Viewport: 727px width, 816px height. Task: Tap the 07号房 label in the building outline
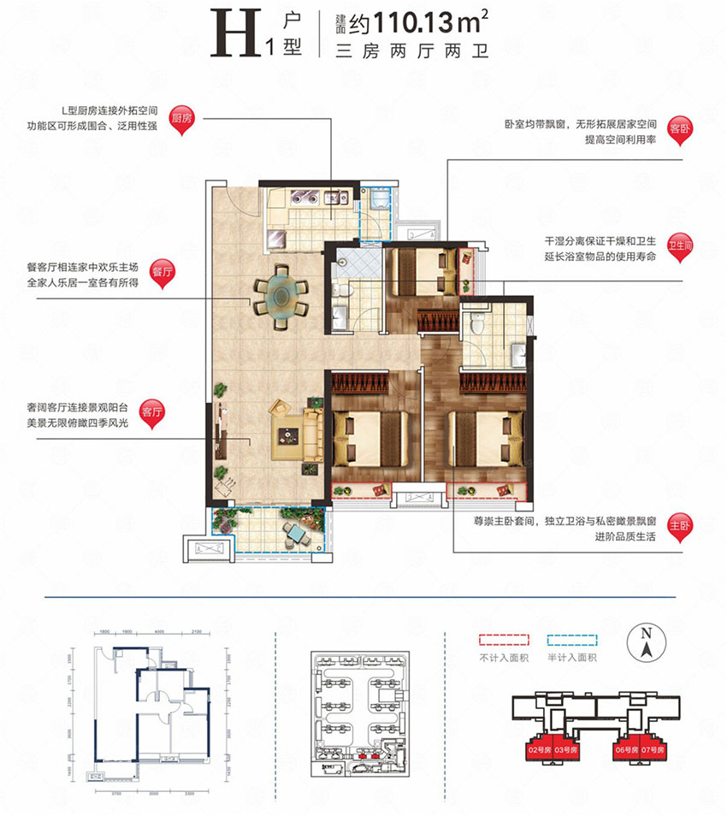click(x=653, y=749)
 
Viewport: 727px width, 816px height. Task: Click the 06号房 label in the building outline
click(x=624, y=749)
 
